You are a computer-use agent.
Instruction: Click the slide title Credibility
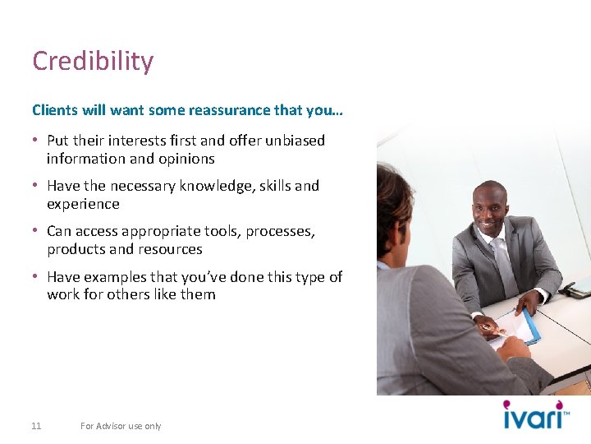tap(93, 62)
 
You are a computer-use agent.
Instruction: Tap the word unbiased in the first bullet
tap(295, 141)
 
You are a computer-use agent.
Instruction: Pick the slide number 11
tap(36, 426)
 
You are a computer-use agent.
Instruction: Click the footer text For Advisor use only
tap(121, 426)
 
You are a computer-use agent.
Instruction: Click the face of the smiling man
tap(491, 207)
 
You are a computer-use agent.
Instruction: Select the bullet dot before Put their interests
tap(36, 141)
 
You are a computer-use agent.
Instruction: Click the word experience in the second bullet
tap(83, 204)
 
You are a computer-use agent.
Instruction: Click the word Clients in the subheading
tap(54, 110)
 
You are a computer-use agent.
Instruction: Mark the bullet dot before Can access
tap(36, 232)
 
